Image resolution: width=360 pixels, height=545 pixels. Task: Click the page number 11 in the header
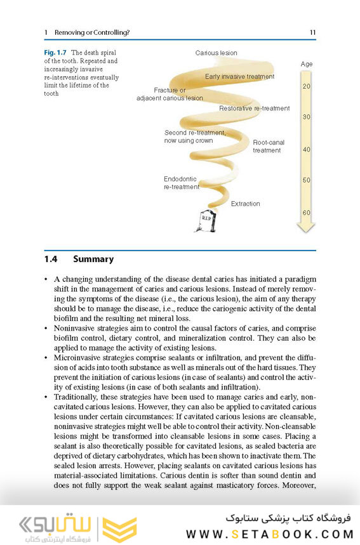pos(312,32)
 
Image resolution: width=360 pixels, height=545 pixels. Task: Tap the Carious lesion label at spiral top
pos(216,53)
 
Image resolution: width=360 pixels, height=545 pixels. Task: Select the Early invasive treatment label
pos(239,77)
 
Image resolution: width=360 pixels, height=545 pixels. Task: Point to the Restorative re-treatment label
pos(254,108)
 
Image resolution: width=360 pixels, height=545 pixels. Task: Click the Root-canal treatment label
pos(268,147)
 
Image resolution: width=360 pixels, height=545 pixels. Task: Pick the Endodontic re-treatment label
pos(181,183)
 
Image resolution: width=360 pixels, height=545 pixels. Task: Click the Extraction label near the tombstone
pos(245,204)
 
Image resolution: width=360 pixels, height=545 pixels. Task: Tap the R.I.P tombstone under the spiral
pos(206,220)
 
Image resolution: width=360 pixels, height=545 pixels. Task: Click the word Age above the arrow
pos(306,64)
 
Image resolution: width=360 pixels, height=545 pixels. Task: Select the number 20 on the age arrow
pos(306,86)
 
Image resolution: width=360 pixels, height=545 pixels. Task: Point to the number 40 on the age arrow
pos(306,150)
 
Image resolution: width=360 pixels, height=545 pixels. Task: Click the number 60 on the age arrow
pos(306,213)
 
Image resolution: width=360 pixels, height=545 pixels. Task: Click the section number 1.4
pos(51,259)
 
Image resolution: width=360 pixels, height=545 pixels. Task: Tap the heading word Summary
pos(93,259)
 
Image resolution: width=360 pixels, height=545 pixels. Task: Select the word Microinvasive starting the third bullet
pos(77,358)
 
